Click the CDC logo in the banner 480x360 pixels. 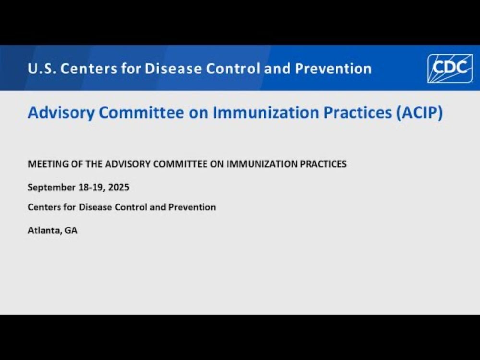[x=450, y=68]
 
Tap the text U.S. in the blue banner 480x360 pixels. [x=41, y=69]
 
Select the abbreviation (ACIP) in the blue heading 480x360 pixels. [x=420, y=112]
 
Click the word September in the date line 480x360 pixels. [x=51, y=188]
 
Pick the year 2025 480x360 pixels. [x=119, y=187]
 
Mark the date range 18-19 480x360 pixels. [x=92, y=187]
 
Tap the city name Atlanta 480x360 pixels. [x=45, y=230]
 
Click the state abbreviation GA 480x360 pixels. [x=71, y=230]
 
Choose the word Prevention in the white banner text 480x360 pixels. [x=334, y=69]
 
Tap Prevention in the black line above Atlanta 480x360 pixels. [x=192, y=207]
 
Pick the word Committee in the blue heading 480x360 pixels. [x=142, y=112]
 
